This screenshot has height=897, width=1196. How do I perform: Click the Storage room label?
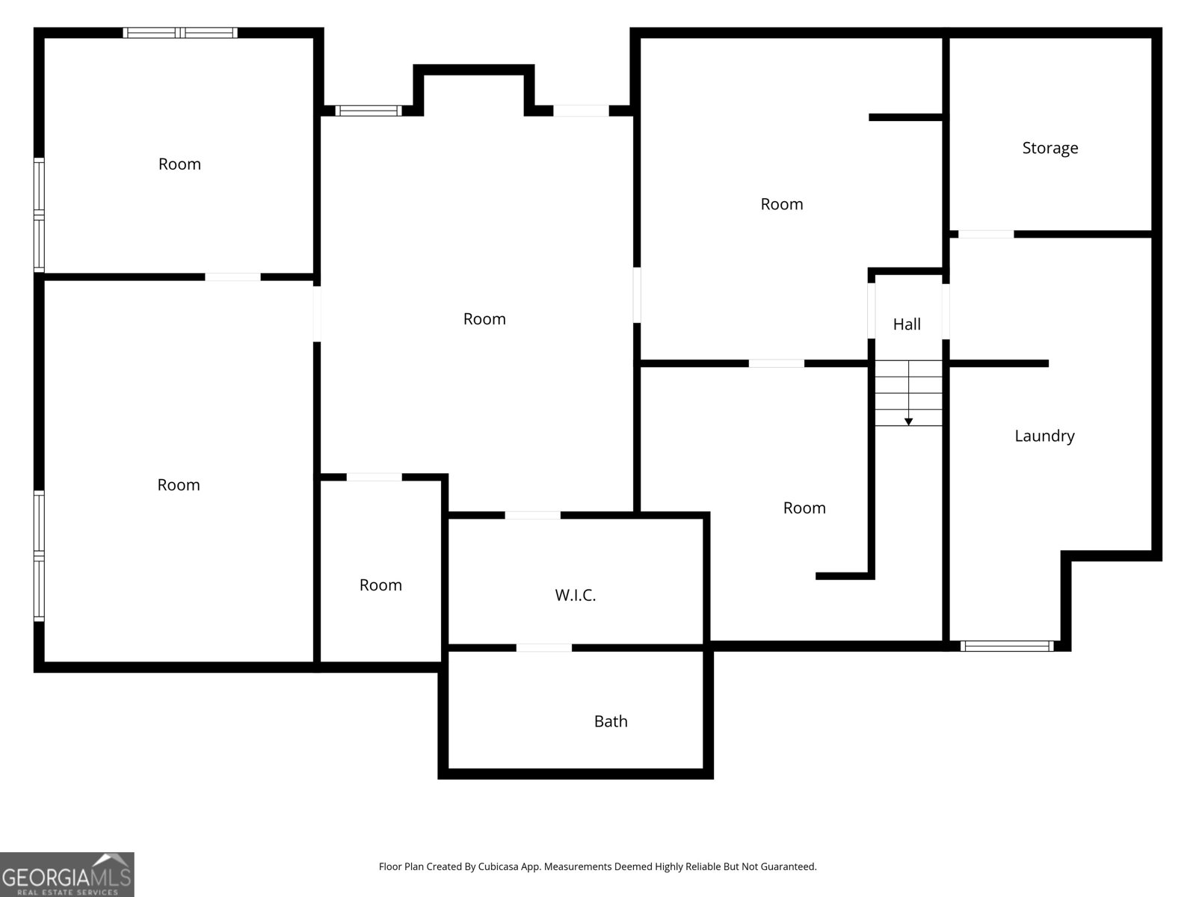coord(1049,148)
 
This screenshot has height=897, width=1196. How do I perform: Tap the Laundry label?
coord(1044,436)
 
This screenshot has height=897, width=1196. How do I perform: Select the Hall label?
coord(907,324)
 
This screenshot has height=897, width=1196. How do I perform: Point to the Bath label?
coord(611,721)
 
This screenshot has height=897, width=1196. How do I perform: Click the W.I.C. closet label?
coord(575,596)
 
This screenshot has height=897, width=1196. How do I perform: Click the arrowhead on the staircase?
coord(908,422)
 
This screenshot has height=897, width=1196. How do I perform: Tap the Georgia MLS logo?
coord(67,875)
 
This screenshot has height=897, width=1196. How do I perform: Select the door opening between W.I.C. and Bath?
coord(544,647)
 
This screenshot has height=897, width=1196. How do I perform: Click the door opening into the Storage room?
coord(986,234)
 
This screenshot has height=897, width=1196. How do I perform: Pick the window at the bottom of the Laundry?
coord(1007,646)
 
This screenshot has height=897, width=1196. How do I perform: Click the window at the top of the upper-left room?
coord(180,33)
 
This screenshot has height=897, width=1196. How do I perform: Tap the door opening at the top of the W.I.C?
coord(532,515)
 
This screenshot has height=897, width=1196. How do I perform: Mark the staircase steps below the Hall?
coord(908,392)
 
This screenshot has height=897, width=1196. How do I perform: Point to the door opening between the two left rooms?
coord(232,277)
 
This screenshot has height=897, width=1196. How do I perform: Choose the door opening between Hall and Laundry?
coord(946,311)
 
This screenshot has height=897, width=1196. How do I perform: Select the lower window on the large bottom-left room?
coord(39,589)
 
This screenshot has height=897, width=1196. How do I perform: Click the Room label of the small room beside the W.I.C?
coord(380,585)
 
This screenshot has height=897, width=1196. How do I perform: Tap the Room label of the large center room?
coord(484,319)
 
